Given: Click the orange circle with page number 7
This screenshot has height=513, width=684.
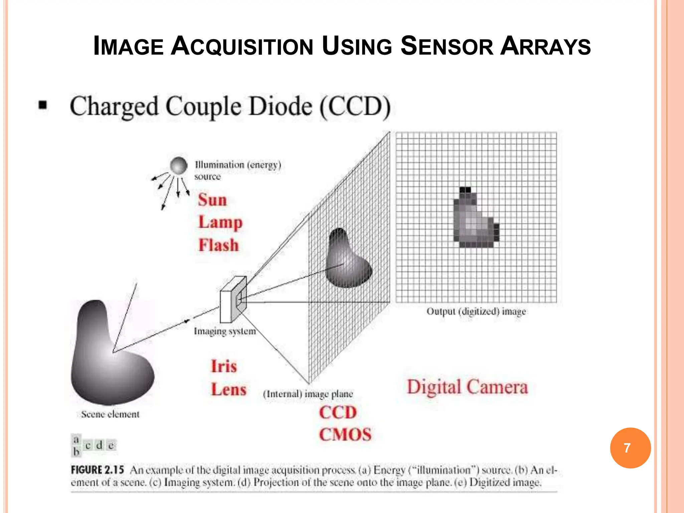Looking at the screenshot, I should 630,448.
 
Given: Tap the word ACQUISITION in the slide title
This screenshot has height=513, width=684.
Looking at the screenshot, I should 242,46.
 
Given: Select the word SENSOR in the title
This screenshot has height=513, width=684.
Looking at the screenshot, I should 447,46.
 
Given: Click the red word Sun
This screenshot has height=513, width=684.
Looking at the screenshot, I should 212,200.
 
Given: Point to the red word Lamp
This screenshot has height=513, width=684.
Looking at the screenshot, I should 220,222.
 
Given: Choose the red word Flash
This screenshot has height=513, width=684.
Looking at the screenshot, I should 219,245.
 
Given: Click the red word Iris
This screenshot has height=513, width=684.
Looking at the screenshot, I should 224,366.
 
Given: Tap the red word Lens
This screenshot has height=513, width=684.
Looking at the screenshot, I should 229,389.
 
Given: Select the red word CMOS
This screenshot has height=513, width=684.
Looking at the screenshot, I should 345,435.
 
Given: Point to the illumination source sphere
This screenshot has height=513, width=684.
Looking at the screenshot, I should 179,166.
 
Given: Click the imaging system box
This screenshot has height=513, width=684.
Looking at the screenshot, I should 233,300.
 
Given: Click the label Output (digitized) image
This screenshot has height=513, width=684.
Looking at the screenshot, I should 476,312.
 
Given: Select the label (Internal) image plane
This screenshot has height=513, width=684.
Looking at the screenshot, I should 308,394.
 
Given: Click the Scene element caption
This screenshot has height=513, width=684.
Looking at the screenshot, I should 110,414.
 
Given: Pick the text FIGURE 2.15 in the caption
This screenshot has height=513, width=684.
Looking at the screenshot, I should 97,470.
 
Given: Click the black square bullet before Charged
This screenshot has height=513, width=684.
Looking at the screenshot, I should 43,106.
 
